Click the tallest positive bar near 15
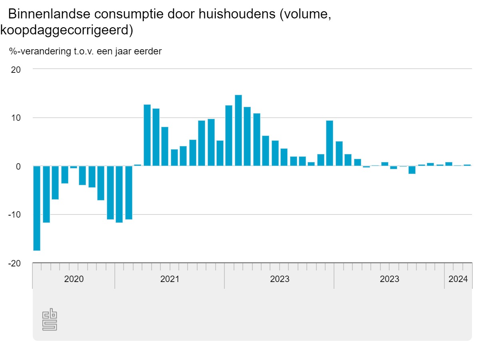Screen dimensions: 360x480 click(238, 130)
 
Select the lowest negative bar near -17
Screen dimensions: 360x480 click(37, 208)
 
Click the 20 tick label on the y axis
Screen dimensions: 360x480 click(16, 69)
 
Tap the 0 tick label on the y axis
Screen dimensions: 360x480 click(18, 166)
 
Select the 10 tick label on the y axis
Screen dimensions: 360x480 click(16, 118)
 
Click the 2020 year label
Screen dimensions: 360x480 click(74, 279)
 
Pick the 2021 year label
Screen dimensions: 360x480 click(170, 279)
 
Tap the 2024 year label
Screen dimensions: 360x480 click(458, 279)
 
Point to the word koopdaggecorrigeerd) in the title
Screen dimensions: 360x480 click(66, 30)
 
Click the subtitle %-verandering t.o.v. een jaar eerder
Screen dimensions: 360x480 click(85, 52)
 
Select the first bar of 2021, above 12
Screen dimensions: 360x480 click(147, 135)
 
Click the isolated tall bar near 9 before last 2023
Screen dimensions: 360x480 click(330, 143)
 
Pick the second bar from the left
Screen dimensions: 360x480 click(46, 194)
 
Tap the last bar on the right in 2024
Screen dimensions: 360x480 click(467, 165)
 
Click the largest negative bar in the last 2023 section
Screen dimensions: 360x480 click(412, 170)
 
